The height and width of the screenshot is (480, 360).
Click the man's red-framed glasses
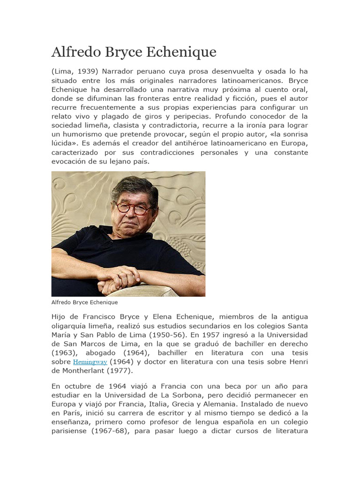click(134, 208)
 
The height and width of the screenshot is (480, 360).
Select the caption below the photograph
click(84, 302)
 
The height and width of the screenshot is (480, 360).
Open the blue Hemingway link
click(90, 362)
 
